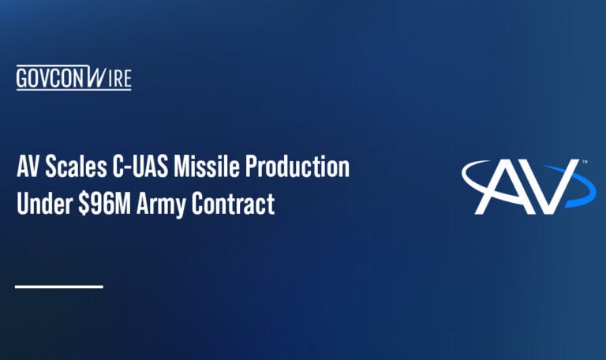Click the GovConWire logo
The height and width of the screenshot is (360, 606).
(x=73, y=78)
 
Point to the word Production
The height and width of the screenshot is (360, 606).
(x=297, y=168)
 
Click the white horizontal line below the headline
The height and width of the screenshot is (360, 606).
(x=59, y=286)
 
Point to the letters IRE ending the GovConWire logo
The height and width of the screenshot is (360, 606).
(x=121, y=78)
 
